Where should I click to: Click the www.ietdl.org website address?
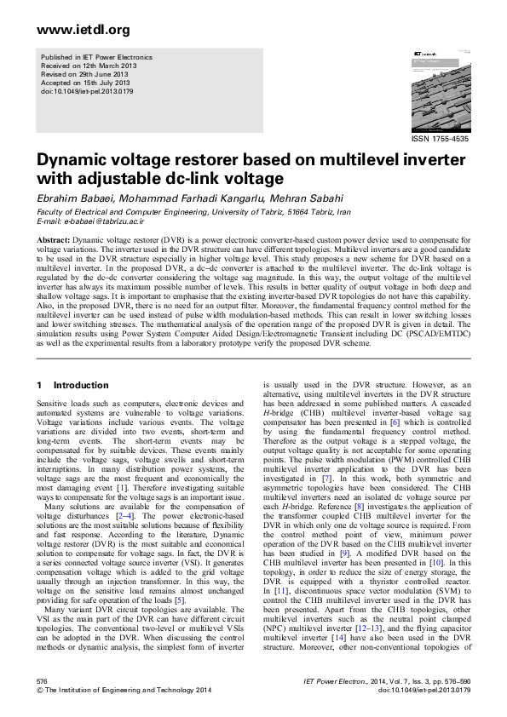(x=72, y=31)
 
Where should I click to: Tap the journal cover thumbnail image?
(x=440, y=89)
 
